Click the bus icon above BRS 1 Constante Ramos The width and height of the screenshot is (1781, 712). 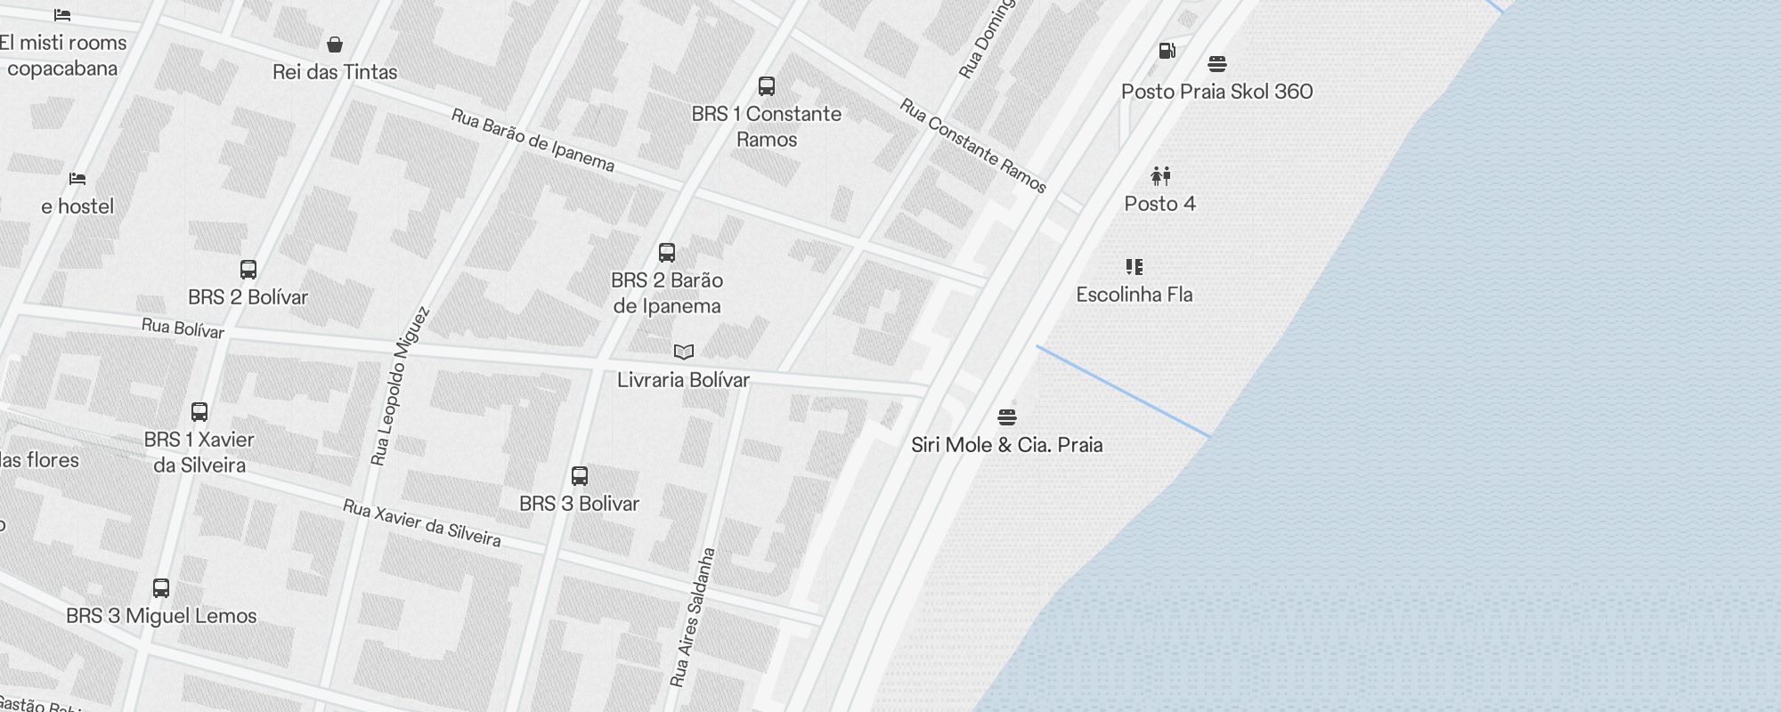[x=766, y=86]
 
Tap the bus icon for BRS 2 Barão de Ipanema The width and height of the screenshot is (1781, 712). [x=667, y=253]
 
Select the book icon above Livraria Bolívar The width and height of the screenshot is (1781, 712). [x=683, y=352]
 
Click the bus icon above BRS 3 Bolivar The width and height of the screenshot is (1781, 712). [x=580, y=476]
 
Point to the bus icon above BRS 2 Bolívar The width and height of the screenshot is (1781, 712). [x=248, y=270]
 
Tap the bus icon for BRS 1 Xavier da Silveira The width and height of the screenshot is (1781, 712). [x=199, y=412]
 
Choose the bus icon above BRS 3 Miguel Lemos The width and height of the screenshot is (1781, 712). [x=161, y=588]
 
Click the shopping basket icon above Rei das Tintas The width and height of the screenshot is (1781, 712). [x=335, y=44]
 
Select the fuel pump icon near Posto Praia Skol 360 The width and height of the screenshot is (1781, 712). [x=1167, y=51]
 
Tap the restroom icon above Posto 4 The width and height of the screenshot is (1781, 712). [x=1160, y=176]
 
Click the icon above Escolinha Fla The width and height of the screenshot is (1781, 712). [x=1134, y=267]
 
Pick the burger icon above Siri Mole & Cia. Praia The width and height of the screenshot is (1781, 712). [x=1007, y=417]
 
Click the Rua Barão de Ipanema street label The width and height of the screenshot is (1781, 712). [x=533, y=141]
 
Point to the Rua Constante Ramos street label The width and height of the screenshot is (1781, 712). [x=972, y=146]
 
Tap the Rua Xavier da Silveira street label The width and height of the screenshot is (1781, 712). [x=421, y=523]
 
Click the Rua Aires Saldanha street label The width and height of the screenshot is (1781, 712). [x=692, y=617]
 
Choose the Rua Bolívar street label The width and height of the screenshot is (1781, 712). [x=183, y=328]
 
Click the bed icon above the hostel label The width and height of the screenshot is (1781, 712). [x=77, y=179]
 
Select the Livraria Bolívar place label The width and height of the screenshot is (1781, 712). [x=683, y=380]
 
